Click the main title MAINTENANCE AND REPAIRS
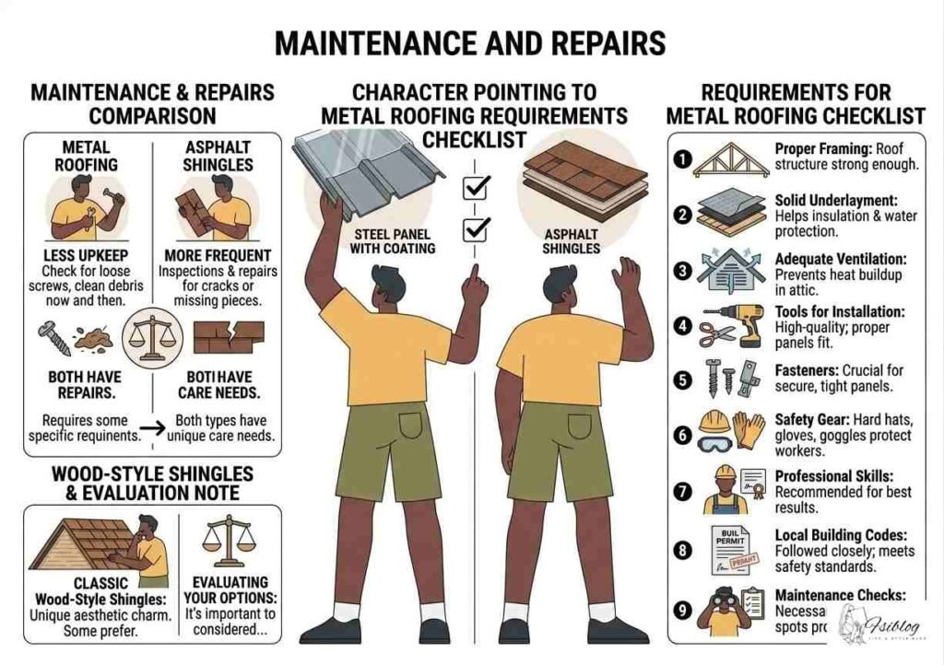471,43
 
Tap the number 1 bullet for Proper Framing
682,159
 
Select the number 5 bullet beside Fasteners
682,378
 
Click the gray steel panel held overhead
369,170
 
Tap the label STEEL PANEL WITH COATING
391,240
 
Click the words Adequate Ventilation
835,259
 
